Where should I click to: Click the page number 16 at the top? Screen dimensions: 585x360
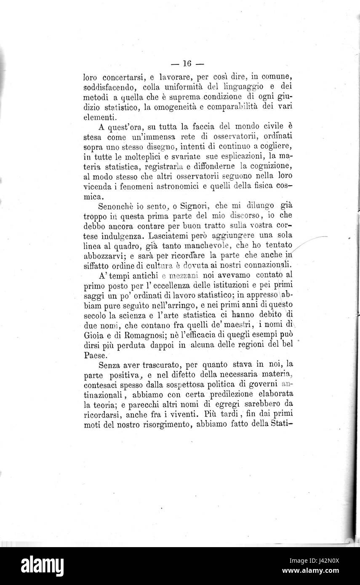(187, 64)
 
